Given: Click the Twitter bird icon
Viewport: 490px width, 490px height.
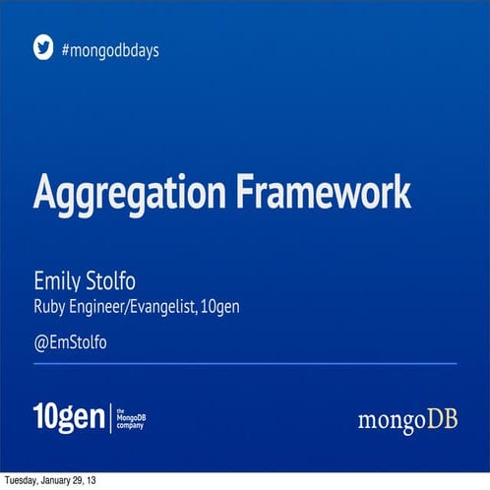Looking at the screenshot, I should tap(43, 47).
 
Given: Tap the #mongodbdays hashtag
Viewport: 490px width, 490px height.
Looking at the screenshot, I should tap(110, 49).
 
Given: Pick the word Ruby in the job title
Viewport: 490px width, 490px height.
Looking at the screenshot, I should tap(50, 308).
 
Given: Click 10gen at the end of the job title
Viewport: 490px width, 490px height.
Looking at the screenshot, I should tap(219, 307).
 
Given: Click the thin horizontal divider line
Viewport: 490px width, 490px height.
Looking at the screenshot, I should tap(245, 363).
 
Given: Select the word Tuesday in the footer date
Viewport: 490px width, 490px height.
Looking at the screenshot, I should tap(24, 481).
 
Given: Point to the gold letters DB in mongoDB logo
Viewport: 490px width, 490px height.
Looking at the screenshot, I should tap(442, 420).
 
